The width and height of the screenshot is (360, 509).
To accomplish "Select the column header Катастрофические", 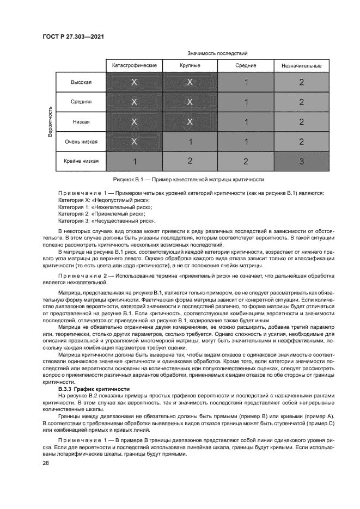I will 134,66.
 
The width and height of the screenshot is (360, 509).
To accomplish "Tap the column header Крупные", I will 190,66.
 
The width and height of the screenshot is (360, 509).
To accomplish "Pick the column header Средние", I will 246,66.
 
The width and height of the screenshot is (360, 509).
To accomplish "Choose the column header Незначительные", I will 301,66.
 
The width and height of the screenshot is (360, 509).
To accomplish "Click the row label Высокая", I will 81,82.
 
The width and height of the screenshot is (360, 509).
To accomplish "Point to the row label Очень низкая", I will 81,142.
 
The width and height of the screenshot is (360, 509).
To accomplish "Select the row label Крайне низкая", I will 81,161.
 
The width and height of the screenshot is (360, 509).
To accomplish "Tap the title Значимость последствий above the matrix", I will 217,53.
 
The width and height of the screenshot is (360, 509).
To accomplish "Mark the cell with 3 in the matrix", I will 301,161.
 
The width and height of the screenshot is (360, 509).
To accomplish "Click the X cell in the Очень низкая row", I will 134,142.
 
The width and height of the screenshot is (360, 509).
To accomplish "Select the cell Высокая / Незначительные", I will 301,82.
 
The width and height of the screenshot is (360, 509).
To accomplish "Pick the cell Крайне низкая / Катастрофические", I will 134,161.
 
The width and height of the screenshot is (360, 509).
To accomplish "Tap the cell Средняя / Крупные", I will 190,102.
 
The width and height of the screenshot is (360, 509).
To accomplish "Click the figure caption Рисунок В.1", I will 188,179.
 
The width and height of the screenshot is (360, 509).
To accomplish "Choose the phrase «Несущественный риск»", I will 125,222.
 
